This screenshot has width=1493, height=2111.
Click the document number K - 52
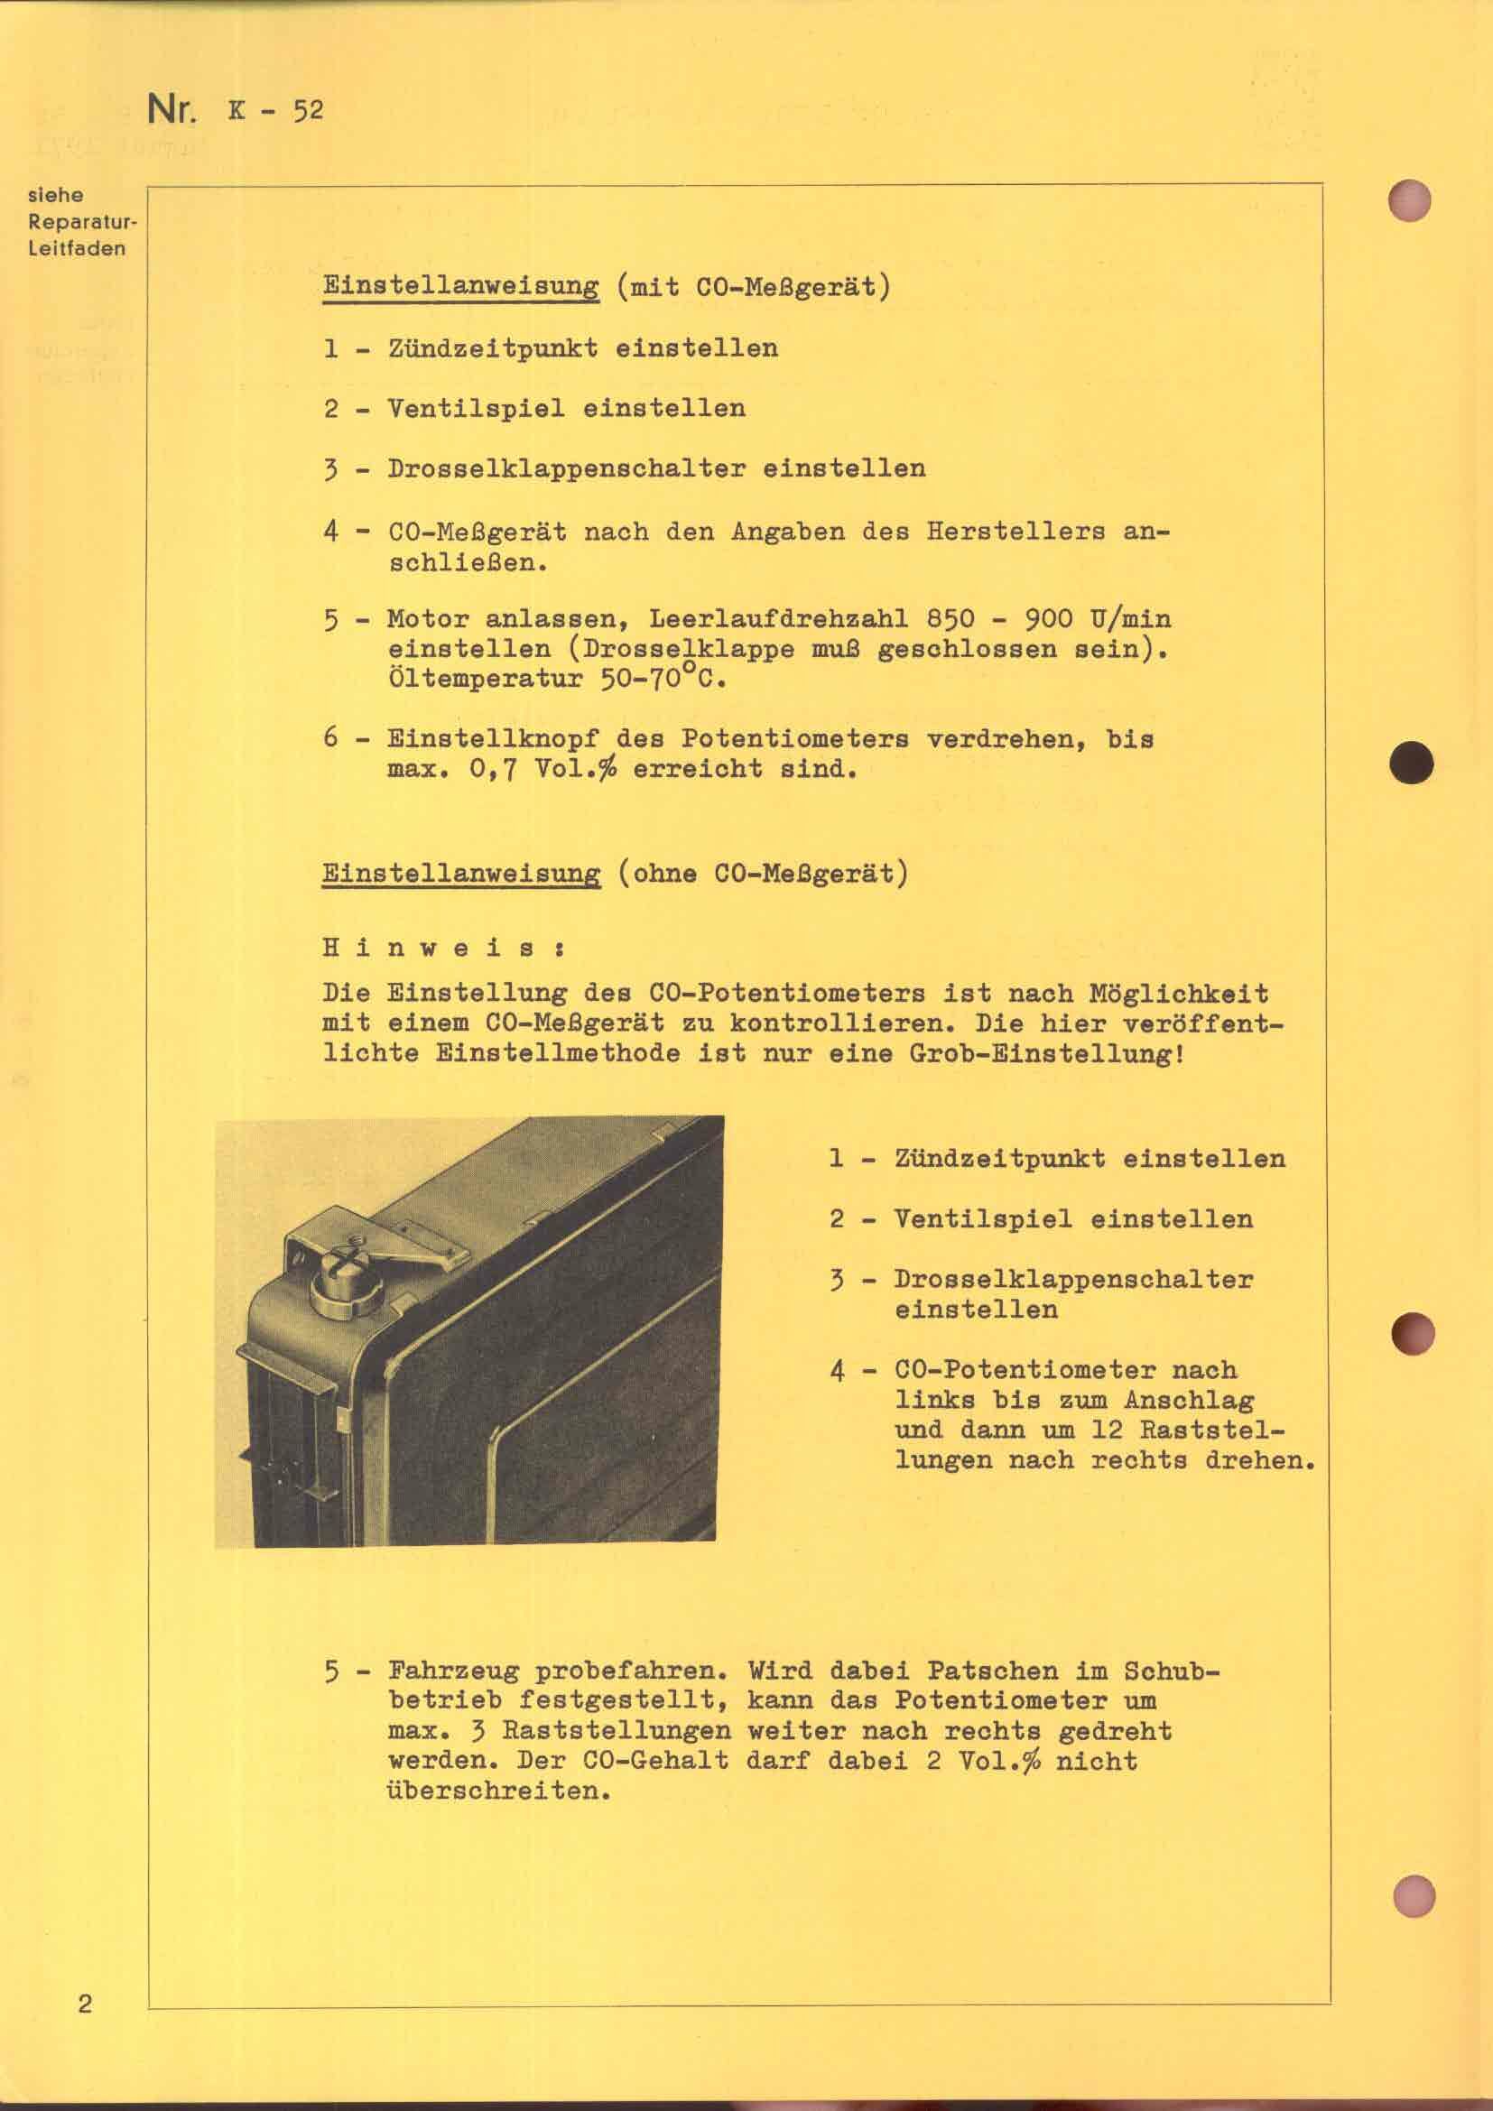point(275,111)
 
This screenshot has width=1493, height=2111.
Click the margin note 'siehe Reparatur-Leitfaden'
point(77,222)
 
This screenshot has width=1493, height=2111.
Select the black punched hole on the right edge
point(1411,763)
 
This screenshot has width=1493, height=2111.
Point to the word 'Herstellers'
point(1015,532)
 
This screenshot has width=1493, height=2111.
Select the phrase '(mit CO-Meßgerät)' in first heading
point(753,288)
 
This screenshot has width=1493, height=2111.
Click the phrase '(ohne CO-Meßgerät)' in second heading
point(762,873)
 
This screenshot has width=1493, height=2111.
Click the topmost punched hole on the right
point(1411,199)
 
